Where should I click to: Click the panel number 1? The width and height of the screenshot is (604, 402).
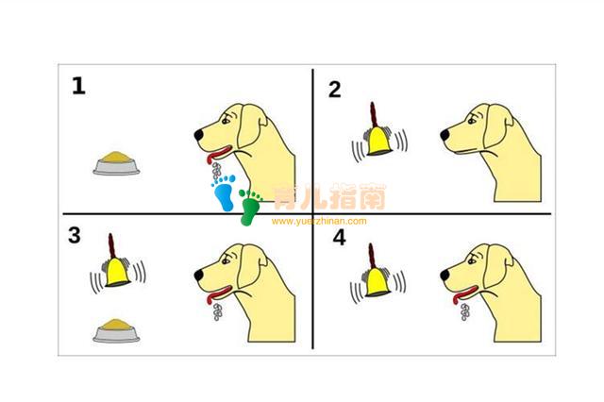(x=78, y=86)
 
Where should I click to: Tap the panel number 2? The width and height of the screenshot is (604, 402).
(x=335, y=90)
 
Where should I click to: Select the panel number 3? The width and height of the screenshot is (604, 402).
(x=75, y=235)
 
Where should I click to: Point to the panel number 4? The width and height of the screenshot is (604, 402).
(x=339, y=238)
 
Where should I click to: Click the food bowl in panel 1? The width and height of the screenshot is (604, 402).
(x=116, y=163)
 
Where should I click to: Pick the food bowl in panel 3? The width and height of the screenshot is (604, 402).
(x=116, y=331)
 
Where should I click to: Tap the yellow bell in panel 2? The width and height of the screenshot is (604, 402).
(x=378, y=142)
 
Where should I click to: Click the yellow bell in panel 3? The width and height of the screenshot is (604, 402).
(x=117, y=272)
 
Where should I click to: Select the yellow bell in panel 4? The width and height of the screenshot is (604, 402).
(x=377, y=282)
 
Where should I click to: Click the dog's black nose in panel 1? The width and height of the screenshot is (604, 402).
(x=199, y=135)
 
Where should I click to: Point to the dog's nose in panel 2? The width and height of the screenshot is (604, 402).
(x=445, y=135)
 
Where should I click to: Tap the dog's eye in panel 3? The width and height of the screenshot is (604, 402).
(x=226, y=261)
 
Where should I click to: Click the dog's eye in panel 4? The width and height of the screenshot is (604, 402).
(x=472, y=261)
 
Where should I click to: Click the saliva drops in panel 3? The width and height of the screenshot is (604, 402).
(x=218, y=312)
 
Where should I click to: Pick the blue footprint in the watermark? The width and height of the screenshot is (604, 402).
(x=224, y=193)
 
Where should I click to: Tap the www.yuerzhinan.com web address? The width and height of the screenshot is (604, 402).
(x=319, y=221)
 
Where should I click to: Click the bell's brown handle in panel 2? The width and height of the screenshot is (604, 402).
(x=373, y=115)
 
